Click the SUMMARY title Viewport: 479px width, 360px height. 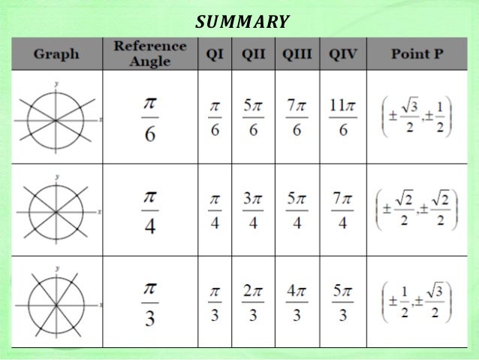(242, 21)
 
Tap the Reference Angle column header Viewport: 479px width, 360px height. (150, 53)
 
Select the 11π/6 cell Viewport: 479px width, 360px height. (342, 119)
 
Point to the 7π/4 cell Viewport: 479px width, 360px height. (342, 213)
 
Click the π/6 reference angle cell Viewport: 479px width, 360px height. (150, 119)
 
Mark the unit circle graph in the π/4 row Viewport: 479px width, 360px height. (56, 213)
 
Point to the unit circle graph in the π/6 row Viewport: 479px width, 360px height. (56, 119)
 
